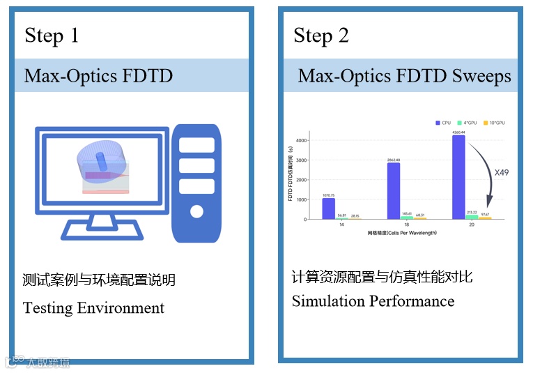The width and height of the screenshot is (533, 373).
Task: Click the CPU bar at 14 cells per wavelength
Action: [x=328, y=208]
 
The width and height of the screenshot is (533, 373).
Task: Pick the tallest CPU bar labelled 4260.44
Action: [x=459, y=177]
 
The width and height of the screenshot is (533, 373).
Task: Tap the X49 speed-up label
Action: [x=503, y=172]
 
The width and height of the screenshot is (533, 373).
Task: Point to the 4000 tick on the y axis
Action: [x=301, y=140]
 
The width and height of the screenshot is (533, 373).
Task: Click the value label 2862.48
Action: [x=394, y=160]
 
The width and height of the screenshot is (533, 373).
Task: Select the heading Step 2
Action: [x=321, y=36]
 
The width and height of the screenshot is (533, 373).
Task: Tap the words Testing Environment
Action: [x=93, y=307]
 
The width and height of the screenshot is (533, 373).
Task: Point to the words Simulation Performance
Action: [x=373, y=301]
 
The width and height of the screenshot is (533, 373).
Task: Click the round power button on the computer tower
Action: [x=197, y=211]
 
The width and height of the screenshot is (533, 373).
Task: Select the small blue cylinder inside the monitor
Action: [x=102, y=162]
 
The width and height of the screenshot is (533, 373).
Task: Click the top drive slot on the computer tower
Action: [x=197, y=145]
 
